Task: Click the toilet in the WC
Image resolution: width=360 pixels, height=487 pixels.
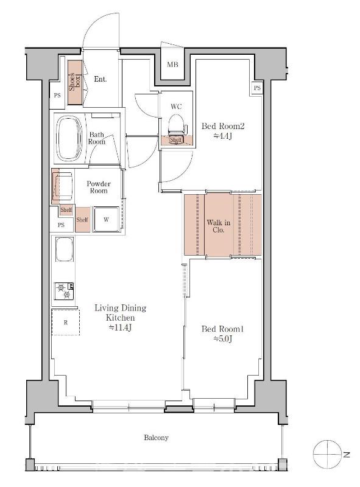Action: (177, 125)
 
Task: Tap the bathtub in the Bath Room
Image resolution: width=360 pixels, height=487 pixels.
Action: (69, 139)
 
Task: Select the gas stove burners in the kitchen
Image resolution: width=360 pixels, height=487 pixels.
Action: (64, 291)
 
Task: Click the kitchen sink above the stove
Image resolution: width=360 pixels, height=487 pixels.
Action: (65, 249)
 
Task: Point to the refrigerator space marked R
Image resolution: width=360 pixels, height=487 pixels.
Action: (66, 323)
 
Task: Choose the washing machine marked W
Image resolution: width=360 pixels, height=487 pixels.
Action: (107, 219)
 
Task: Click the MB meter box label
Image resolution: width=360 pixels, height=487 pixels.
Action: (172, 65)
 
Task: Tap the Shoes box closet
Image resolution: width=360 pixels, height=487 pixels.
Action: (75, 82)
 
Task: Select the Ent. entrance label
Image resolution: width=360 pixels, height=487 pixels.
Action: (100, 79)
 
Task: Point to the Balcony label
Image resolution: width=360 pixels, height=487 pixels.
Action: (156, 438)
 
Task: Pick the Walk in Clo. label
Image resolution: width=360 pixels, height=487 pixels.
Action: (219, 226)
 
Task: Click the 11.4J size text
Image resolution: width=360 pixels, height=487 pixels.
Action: (121, 328)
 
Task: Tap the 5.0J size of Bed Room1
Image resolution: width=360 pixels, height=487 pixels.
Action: (222, 339)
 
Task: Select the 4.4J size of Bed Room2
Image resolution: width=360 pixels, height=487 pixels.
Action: (223, 136)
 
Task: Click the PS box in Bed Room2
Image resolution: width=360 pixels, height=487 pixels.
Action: (257, 88)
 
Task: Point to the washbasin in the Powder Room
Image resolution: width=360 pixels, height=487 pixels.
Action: (63, 186)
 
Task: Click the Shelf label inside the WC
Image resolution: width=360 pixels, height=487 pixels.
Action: (175, 140)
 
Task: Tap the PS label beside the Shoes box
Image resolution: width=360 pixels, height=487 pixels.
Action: (57, 96)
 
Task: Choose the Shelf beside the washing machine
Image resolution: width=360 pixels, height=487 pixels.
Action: (82, 219)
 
